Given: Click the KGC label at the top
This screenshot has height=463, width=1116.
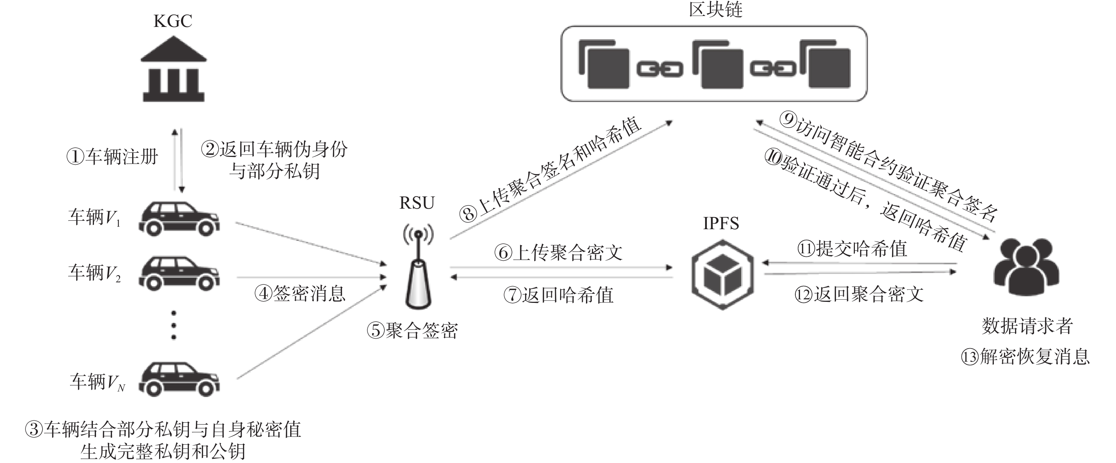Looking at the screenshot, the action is point(173,21).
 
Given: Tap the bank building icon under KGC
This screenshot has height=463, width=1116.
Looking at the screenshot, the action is point(174,69).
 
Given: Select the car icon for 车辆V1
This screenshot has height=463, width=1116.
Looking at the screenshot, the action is point(179,219).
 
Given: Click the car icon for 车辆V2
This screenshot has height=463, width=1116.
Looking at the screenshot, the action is point(179,273).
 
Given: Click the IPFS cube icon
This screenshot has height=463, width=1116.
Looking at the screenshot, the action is point(722,275).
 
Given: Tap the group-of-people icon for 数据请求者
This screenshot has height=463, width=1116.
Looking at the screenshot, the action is point(1026,267).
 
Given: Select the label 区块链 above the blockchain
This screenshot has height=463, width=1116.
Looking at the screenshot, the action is point(715,10).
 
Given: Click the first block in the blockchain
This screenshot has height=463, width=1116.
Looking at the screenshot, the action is point(604,64).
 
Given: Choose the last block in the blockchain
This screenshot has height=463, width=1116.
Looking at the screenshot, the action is point(825,64).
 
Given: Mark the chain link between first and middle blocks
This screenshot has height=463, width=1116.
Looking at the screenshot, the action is point(659,69).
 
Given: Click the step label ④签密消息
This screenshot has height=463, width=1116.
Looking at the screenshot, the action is point(300,294).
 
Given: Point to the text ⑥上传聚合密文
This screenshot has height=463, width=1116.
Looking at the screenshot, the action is point(558,253).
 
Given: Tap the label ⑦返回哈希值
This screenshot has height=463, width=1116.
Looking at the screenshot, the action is point(558,295).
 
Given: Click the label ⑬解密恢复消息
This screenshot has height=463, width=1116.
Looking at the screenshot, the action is point(1025,357).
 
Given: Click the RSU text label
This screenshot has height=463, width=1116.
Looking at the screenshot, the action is point(417,203).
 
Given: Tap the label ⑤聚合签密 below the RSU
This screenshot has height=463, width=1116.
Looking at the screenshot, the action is point(412,331).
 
